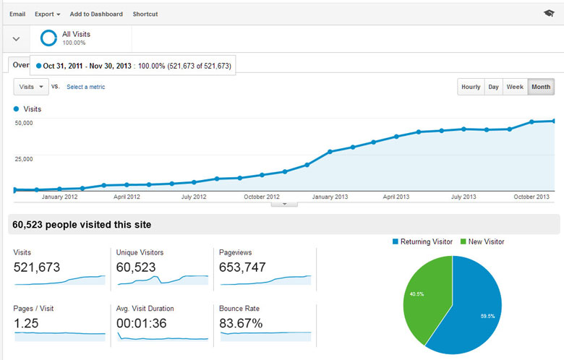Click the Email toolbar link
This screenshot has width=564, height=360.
coord(17,14)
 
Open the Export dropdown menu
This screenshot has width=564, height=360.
coord(48,14)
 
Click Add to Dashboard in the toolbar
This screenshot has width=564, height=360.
coord(96,14)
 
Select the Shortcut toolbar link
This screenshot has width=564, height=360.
coord(145,14)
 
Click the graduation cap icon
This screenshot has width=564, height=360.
coord(549,14)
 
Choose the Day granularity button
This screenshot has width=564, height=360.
coord(493,87)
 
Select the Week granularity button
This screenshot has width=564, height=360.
coord(515,87)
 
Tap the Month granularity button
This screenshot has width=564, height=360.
coord(540,87)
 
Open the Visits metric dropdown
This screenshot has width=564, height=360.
coord(31,87)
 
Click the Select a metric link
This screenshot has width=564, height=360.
coord(85,87)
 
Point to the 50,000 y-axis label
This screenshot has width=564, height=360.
coord(24,123)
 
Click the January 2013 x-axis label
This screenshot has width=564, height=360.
coord(331,197)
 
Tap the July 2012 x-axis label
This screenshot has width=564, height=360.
coord(194,197)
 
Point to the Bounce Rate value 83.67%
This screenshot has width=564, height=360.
coord(241,323)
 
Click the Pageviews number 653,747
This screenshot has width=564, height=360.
coord(242,267)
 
